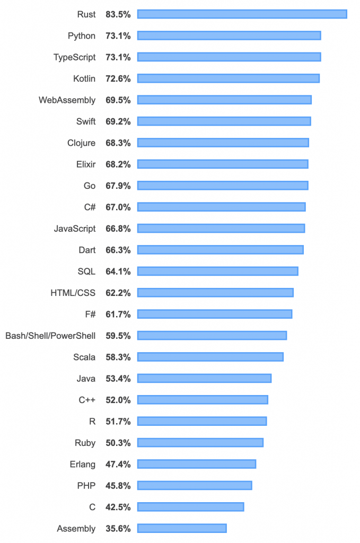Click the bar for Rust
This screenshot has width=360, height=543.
(242, 14)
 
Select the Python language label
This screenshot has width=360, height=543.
(82, 36)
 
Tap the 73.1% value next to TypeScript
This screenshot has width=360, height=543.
(118, 57)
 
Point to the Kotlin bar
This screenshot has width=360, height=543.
(228, 78)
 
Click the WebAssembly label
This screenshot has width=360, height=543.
(67, 100)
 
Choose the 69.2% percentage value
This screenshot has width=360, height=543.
(118, 121)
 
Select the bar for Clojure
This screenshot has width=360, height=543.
(223, 143)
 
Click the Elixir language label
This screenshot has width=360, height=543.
(86, 164)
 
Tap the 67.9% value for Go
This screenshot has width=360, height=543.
(118, 186)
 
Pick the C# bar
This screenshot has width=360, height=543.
(221, 207)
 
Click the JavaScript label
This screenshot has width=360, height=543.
(75, 229)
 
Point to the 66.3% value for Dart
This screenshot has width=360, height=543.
(118, 250)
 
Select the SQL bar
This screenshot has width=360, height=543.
(217, 271)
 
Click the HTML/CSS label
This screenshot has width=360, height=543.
(73, 293)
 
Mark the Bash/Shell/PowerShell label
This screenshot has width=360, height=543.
(50, 336)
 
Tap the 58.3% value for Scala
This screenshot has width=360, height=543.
(118, 357)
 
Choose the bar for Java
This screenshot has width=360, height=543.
(204, 378)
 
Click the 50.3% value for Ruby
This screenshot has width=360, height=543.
(118, 443)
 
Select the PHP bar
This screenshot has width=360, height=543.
(195, 485)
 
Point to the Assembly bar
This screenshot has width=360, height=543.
(182, 528)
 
